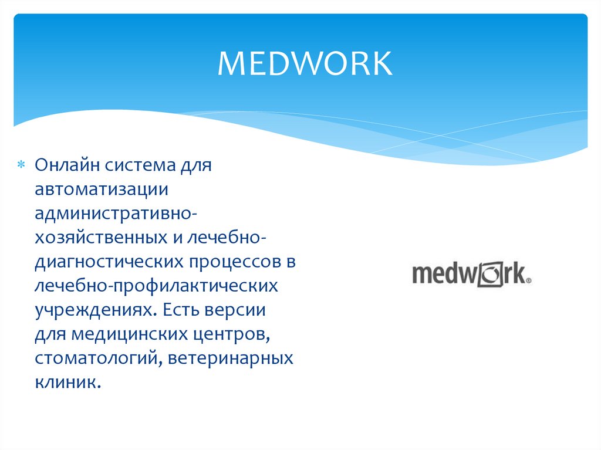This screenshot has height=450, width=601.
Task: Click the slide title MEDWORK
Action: [x=305, y=64]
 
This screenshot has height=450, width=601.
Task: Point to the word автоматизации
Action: [x=102, y=190]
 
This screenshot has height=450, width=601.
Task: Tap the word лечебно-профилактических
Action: [x=156, y=286]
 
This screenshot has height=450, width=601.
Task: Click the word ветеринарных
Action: [x=230, y=358]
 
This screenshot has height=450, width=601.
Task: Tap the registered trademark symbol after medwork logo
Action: [x=529, y=281]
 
